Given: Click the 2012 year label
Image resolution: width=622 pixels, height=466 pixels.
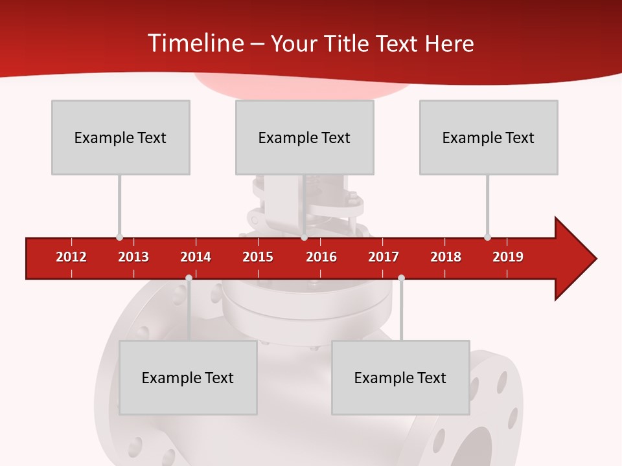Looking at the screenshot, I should point(71,257).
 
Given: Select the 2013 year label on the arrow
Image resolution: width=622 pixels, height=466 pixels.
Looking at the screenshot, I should point(133,257).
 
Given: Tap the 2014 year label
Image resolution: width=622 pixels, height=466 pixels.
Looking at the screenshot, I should point(196,257).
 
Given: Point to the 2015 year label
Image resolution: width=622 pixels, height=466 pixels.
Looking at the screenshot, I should point(258,257).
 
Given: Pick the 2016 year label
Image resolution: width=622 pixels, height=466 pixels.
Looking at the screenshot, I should point(321,257).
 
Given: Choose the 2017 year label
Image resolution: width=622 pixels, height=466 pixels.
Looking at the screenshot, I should point(384,257).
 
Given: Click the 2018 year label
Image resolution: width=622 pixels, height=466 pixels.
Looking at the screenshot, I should point(446,257).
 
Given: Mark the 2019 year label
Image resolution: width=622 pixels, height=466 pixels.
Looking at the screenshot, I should point(508,257).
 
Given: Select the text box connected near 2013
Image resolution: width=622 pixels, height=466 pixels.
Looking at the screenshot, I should point(121,137).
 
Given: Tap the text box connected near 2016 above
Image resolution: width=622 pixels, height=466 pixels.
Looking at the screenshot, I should point(305,137).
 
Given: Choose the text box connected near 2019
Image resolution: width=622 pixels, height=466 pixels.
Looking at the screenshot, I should point(489,137).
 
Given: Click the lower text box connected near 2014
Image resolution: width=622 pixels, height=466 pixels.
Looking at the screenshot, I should point(188,377).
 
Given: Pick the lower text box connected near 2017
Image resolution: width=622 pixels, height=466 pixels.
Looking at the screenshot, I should point(400,377).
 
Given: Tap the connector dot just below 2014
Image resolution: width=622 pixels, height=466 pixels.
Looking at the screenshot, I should point(189,278).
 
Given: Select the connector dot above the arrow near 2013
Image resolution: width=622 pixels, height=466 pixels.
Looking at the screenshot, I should point(119,237).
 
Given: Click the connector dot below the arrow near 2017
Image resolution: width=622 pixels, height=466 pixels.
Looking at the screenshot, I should point(401,278).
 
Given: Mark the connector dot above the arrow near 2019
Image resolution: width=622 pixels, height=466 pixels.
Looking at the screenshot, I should point(487,237).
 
